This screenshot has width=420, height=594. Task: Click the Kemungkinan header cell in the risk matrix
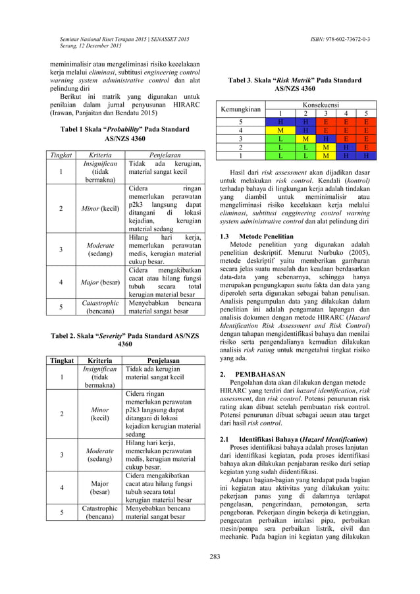click(240, 109)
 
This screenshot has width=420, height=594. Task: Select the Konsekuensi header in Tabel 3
click(320, 104)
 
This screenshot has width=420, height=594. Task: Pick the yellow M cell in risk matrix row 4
click(280, 130)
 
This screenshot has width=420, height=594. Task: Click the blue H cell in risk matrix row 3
click(325, 139)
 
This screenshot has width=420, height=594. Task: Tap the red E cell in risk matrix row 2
click(366, 148)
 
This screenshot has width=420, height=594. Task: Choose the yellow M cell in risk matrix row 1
click(325, 156)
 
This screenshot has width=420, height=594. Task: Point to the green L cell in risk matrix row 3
click(280, 139)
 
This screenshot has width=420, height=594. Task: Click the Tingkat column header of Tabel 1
click(57, 155)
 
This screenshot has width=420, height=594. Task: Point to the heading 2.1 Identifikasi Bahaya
click(293, 439)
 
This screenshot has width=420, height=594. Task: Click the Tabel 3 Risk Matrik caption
click(294, 84)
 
